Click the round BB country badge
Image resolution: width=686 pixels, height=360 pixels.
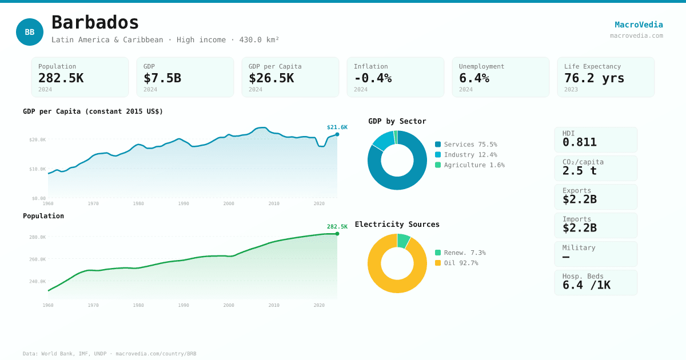coord(30,32)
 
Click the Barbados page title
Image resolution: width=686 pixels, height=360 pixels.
coord(95,23)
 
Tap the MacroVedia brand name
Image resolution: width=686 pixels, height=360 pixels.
coord(639,25)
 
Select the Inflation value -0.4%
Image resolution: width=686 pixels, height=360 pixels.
coord(373,78)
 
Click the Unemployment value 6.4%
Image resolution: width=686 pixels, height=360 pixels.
coord(474,78)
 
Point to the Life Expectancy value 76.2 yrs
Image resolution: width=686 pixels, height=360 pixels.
coord(594,78)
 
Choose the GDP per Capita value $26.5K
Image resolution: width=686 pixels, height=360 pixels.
coord(271,78)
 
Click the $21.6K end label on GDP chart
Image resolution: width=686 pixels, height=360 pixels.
coord(337,127)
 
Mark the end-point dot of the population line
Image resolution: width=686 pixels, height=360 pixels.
coord(337,234)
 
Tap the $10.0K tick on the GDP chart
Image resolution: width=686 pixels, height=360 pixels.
coord(38,169)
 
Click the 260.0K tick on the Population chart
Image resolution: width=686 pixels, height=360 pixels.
coord(38,259)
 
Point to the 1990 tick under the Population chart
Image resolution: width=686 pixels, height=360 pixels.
coord(184,305)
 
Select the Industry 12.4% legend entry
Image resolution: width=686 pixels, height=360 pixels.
coord(466,155)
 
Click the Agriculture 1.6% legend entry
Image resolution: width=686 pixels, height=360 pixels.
coord(469,165)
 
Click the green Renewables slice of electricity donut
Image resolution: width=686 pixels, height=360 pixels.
coord(403,241)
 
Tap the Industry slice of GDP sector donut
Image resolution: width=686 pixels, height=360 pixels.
coord(383,140)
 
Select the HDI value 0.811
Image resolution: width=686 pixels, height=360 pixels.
coord(579,142)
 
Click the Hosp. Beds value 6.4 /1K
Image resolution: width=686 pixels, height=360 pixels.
coord(586,285)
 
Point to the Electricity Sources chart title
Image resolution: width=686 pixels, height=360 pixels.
coord(397,225)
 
